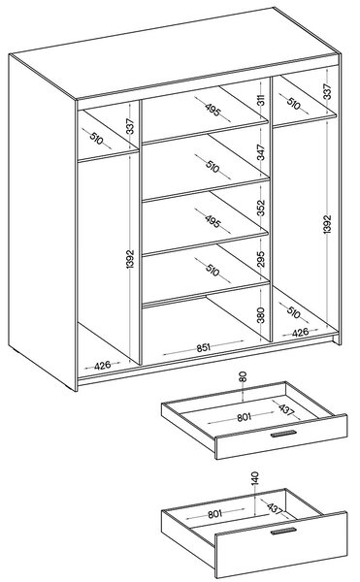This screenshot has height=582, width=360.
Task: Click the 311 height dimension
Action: (261, 100)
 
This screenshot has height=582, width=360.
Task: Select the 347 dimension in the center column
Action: (261, 152)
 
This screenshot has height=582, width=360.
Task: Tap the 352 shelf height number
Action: (261, 208)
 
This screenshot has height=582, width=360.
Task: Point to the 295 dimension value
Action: (261, 259)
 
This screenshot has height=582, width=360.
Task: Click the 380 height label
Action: (261, 314)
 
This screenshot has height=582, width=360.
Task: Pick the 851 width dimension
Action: (204, 348)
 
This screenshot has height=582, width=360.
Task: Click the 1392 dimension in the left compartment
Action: (129, 259)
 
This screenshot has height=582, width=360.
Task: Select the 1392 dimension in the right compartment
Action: (327, 224)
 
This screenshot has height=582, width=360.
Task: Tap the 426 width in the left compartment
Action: (102, 366)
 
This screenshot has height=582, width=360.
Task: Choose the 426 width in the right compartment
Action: (300, 332)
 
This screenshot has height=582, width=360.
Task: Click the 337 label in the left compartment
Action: (129, 126)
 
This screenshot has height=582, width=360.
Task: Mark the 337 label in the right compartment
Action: (327, 91)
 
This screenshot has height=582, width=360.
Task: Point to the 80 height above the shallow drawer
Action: (243, 377)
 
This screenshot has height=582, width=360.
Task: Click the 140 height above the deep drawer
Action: (254, 479)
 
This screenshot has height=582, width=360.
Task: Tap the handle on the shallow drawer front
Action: (283, 435)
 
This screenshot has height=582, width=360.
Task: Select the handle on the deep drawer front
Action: (283, 532)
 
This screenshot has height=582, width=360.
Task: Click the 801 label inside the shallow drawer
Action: (244, 417)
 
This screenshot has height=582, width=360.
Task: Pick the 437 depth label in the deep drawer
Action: (275, 508)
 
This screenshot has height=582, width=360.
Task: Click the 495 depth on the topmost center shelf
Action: (213, 110)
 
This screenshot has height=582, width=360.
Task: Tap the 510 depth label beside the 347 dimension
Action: (213, 168)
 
